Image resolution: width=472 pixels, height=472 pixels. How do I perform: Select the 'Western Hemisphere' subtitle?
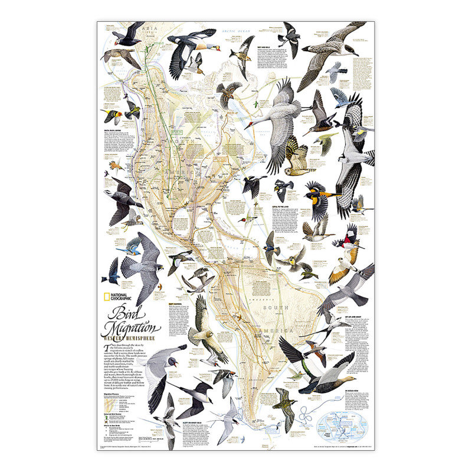(x=131, y=339)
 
